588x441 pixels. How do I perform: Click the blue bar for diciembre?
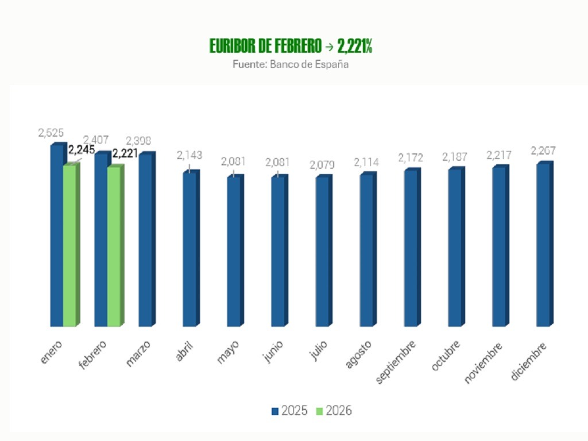coord(543,245)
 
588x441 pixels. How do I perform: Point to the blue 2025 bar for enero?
coord(56,235)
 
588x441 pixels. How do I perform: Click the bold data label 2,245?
coord(81,150)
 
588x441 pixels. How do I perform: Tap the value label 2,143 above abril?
coord(189,155)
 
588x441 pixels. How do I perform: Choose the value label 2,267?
coord(543,151)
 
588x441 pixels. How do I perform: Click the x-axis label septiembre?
coord(397,362)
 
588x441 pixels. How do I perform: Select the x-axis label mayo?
coord(229,351)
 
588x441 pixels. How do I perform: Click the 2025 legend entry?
coord(289,411)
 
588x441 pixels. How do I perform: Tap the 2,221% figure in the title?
coord(354,47)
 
